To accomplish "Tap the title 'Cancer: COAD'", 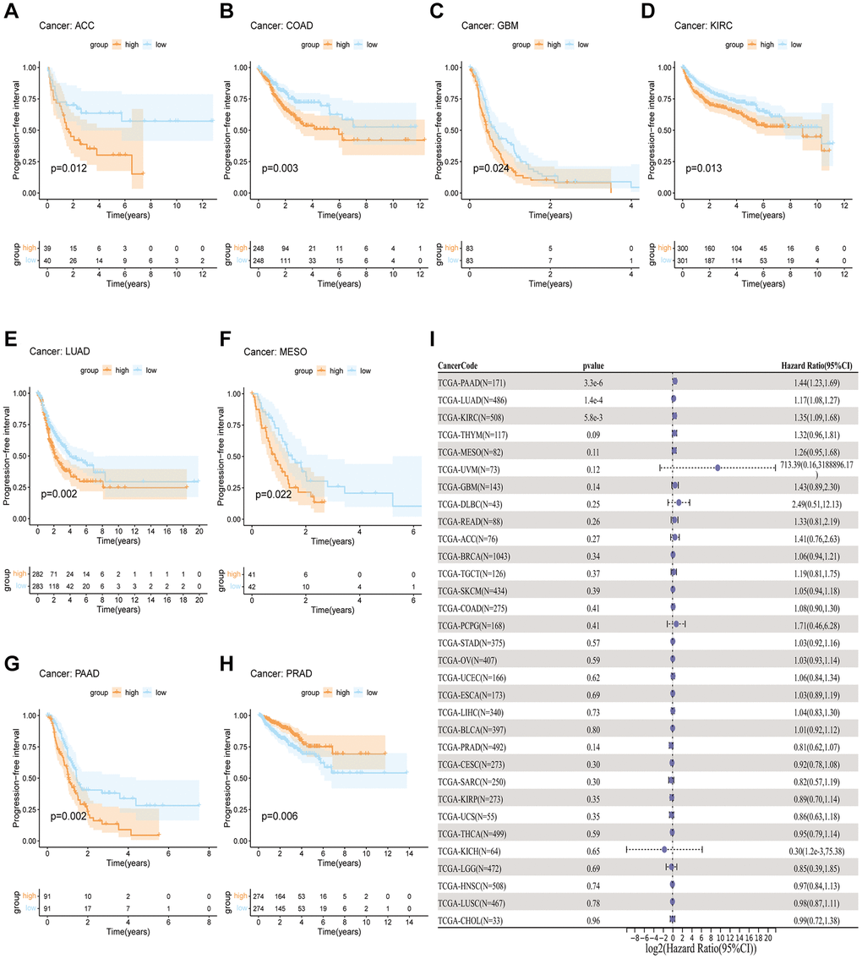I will (282, 25).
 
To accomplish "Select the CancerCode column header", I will (461, 366).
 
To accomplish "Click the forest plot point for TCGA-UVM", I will (717, 468).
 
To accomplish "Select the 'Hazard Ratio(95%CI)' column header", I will (816, 366).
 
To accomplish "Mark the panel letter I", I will (434, 342).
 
